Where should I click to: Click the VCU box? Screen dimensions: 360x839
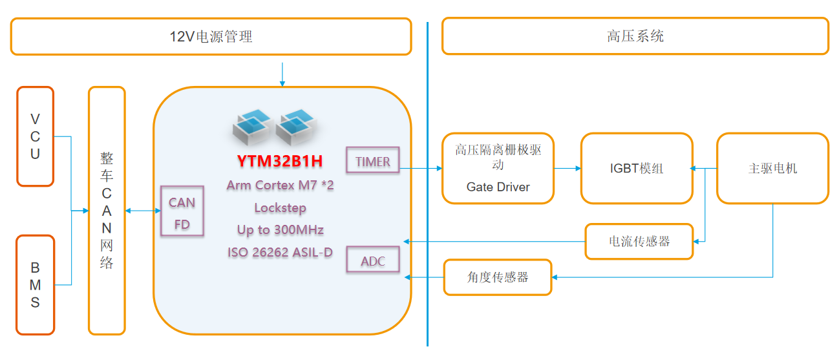pyautogui.click(x=35, y=136)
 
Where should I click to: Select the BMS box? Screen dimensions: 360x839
pyautogui.click(x=35, y=285)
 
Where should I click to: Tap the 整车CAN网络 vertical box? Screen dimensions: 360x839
pyautogui.click(x=107, y=211)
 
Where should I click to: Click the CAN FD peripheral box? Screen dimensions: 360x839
pyautogui.click(x=182, y=211)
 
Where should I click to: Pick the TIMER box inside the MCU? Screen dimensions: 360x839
pyautogui.click(x=373, y=161)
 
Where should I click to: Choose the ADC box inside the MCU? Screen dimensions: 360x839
pyautogui.click(x=373, y=260)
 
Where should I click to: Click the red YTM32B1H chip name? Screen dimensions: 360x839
pyautogui.click(x=281, y=160)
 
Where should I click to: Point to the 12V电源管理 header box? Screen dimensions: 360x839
pyautogui.click(x=211, y=36)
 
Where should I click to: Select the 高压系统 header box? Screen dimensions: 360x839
pyautogui.click(x=635, y=36)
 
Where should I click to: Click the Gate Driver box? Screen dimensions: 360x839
pyautogui.click(x=498, y=168)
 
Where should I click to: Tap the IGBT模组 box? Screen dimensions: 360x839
pyautogui.click(x=637, y=168)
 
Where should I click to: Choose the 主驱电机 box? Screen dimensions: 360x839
pyautogui.click(x=772, y=168)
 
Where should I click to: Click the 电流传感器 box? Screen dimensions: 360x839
pyautogui.click(x=639, y=241)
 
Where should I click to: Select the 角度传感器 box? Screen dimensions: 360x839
pyautogui.click(x=498, y=277)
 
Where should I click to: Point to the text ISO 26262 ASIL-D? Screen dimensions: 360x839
pyautogui.click(x=280, y=253)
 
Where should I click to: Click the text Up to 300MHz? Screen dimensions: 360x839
pyautogui.click(x=280, y=230)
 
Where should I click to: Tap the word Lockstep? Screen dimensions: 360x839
pyautogui.click(x=280, y=208)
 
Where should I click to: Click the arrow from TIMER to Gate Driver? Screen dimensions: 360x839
pyautogui.click(x=421, y=169)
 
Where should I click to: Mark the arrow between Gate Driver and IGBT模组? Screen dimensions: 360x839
pyautogui.click(x=568, y=169)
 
